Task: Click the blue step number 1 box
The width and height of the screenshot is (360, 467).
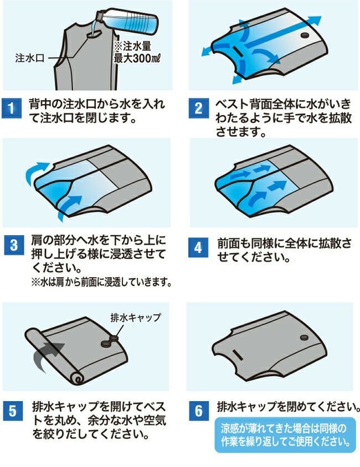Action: point(11,108)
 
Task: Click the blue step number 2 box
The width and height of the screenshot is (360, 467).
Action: point(198,108)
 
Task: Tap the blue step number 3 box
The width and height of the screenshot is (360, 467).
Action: point(14,245)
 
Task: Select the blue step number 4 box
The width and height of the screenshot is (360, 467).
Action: point(198,247)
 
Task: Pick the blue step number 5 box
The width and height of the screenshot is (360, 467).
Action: point(13,411)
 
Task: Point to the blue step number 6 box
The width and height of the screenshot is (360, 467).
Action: point(199,411)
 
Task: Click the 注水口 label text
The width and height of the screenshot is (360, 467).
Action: point(30,58)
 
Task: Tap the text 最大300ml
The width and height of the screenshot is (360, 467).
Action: point(137,58)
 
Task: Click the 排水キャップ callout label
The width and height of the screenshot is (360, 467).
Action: point(136,318)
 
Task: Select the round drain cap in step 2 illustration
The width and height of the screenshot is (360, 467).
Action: point(305,35)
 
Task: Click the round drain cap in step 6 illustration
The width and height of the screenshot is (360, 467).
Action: point(304,338)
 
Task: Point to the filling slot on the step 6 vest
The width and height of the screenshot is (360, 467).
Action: point(238,355)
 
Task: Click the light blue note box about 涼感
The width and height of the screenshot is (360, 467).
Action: point(285,435)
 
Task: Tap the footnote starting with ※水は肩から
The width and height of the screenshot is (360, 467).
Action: point(101,282)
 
